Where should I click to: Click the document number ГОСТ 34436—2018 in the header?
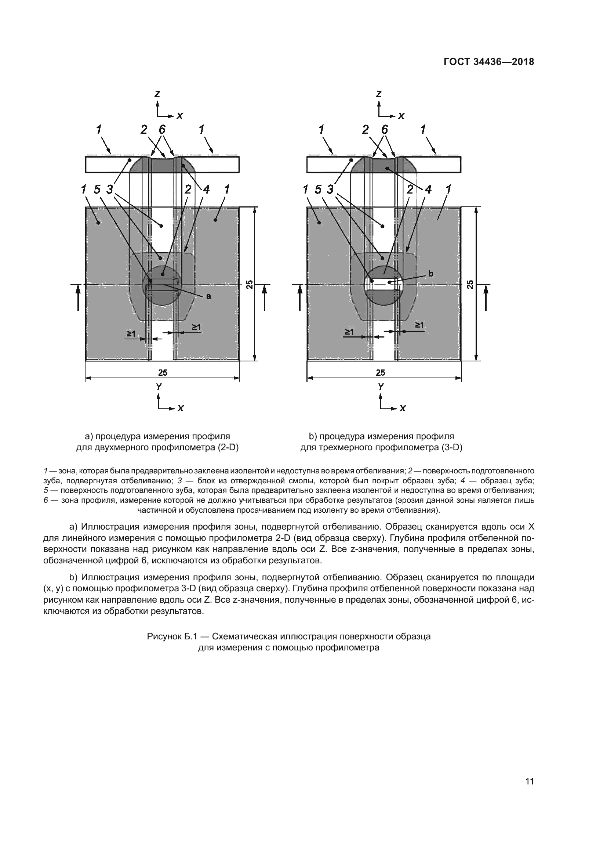tap(489, 62)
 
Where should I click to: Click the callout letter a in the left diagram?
tap(208, 296)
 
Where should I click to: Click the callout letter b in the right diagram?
tap(430, 274)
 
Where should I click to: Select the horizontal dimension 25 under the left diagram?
tap(163, 372)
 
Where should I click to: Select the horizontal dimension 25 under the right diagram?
tap(381, 372)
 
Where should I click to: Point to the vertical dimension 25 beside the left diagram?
tap(250, 284)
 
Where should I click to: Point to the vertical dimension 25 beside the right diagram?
tap(470, 284)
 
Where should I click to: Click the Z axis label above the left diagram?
tap(158, 94)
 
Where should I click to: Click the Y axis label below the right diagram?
tap(381, 386)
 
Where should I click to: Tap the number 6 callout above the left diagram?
tap(162, 129)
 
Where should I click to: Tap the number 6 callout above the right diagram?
tap(384, 129)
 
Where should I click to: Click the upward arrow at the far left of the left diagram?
tap(78, 297)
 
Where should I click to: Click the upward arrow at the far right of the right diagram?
tap(486, 297)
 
